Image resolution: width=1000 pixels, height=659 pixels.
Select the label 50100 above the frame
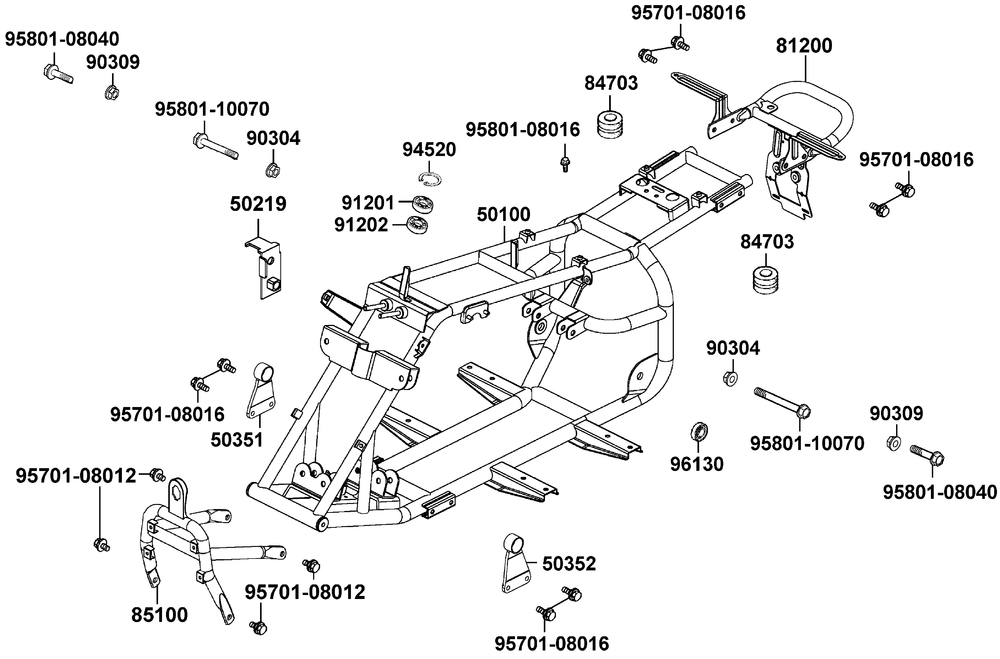point(503,213)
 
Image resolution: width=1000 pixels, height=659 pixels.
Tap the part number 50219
point(258,204)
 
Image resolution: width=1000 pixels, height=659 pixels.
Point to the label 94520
point(429,150)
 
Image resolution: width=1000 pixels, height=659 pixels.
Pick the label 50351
point(236,438)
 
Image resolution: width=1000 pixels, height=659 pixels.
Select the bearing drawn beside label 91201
point(428,204)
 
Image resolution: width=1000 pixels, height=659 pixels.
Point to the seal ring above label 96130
point(700,432)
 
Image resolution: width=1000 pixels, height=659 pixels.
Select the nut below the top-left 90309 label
point(112,93)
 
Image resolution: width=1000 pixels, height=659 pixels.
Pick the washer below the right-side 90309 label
point(895,442)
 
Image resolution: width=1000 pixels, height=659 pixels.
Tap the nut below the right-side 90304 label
point(731,378)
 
